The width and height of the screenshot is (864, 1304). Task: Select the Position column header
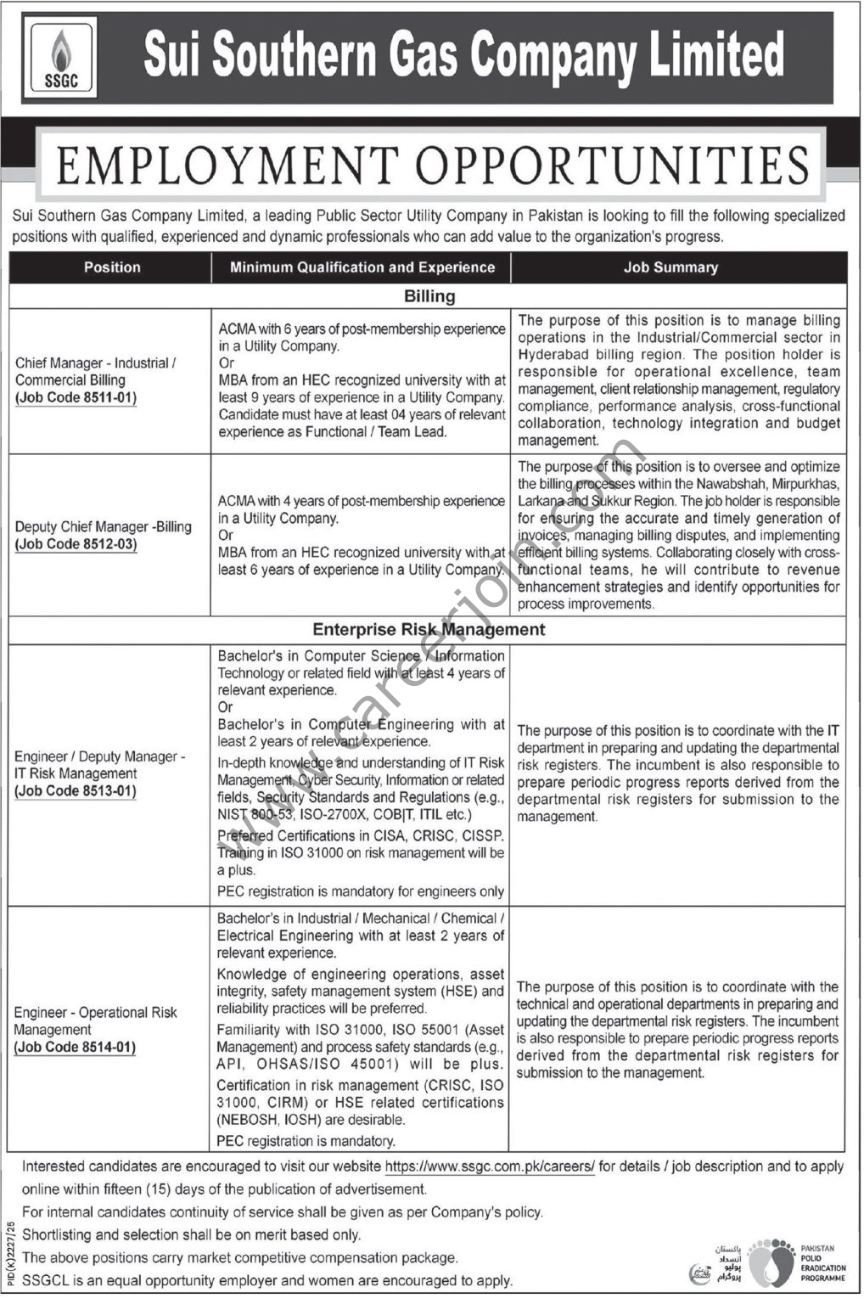click(x=111, y=267)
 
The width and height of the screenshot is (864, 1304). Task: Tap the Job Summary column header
click(x=670, y=267)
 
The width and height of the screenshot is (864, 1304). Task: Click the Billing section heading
click(x=429, y=296)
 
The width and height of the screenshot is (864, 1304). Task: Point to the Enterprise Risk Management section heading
click(x=429, y=630)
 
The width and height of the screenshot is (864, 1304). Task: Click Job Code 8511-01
click(x=76, y=397)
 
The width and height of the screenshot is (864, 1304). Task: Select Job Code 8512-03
click(x=76, y=544)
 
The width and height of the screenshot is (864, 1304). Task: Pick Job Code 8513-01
click(x=76, y=791)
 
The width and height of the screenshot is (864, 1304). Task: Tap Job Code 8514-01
click(x=76, y=1048)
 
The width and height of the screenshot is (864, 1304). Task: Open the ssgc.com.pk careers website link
click(x=490, y=1167)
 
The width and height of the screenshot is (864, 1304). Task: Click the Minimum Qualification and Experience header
click(x=362, y=267)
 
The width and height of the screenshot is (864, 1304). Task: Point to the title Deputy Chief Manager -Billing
click(x=104, y=527)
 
